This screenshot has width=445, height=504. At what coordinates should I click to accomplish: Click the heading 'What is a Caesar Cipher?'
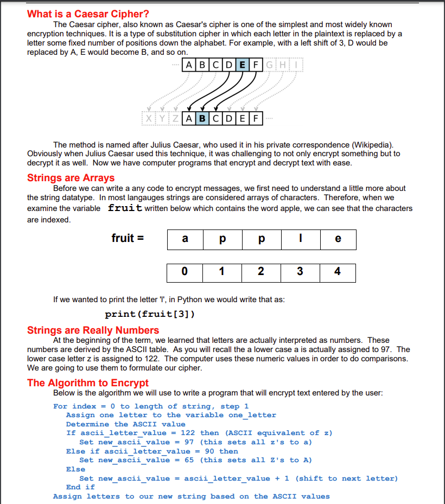tap(88, 14)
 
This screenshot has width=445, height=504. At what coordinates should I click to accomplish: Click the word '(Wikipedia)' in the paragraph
tap(372, 145)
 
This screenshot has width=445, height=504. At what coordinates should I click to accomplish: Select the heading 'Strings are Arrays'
tap(71, 178)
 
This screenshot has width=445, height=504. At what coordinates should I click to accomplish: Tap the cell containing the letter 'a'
tap(185, 239)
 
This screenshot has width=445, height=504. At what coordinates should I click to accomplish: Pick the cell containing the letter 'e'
tap(338, 239)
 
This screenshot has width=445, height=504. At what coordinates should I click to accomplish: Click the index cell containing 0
tap(185, 272)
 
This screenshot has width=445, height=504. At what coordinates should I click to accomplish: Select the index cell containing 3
tap(300, 272)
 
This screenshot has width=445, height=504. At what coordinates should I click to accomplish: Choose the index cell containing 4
tap(338, 272)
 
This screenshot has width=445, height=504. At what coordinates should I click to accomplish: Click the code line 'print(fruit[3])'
tap(150, 314)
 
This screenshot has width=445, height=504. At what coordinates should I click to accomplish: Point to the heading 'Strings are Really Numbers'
tap(93, 330)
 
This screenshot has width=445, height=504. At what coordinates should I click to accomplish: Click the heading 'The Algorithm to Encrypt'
tap(88, 382)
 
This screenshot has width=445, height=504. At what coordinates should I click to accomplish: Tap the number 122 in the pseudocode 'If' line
tap(188, 433)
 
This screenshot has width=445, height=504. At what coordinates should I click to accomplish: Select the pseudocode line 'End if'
tap(80, 487)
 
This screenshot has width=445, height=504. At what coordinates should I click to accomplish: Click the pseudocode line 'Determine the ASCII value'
tap(125, 424)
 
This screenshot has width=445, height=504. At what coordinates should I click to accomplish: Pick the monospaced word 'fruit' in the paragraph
tap(125, 208)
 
